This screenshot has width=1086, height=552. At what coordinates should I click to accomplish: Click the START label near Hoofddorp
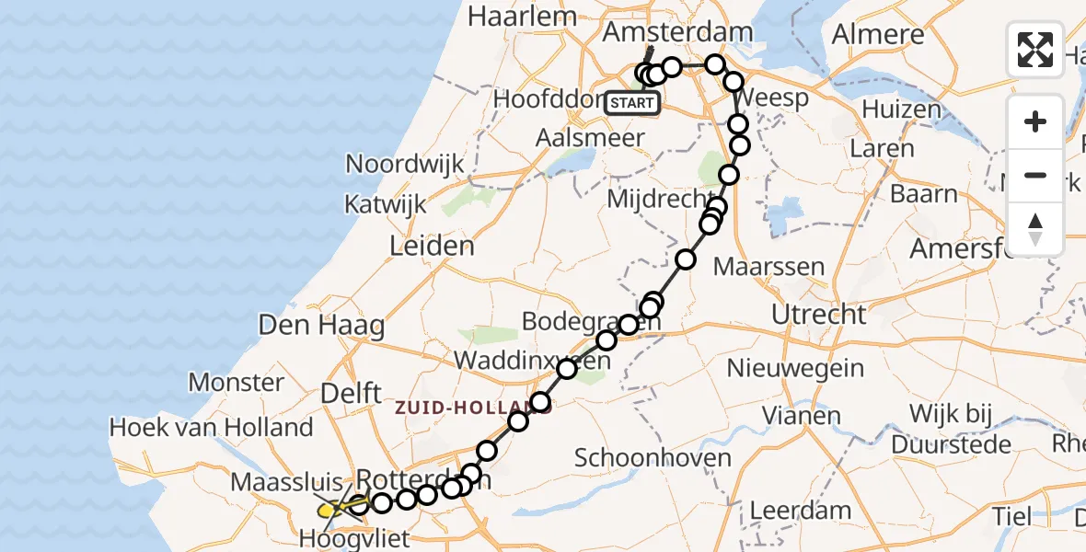tap(632, 103)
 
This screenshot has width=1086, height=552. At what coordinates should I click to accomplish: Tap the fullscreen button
tap(1035, 50)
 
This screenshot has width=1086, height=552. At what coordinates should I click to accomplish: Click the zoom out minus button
tap(1035, 175)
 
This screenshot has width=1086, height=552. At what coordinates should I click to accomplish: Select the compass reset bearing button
tap(1035, 228)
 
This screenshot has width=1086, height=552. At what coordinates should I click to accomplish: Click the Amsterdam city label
tap(677, 32)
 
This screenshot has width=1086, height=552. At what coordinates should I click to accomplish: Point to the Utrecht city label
tap(818, 315)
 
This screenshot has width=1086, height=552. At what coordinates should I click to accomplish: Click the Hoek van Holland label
tap(211, 427)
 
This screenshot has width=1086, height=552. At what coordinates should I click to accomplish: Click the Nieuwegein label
tap(795, 369)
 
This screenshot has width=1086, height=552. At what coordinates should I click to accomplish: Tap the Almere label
tap(878, 35)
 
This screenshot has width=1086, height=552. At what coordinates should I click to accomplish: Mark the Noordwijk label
tap(404, 164)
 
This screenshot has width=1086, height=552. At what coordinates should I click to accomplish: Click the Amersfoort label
tap(966, 248)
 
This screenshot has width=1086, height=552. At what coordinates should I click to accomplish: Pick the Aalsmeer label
tap(591, 134)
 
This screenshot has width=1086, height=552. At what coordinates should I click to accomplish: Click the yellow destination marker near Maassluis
tap(329, 509)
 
